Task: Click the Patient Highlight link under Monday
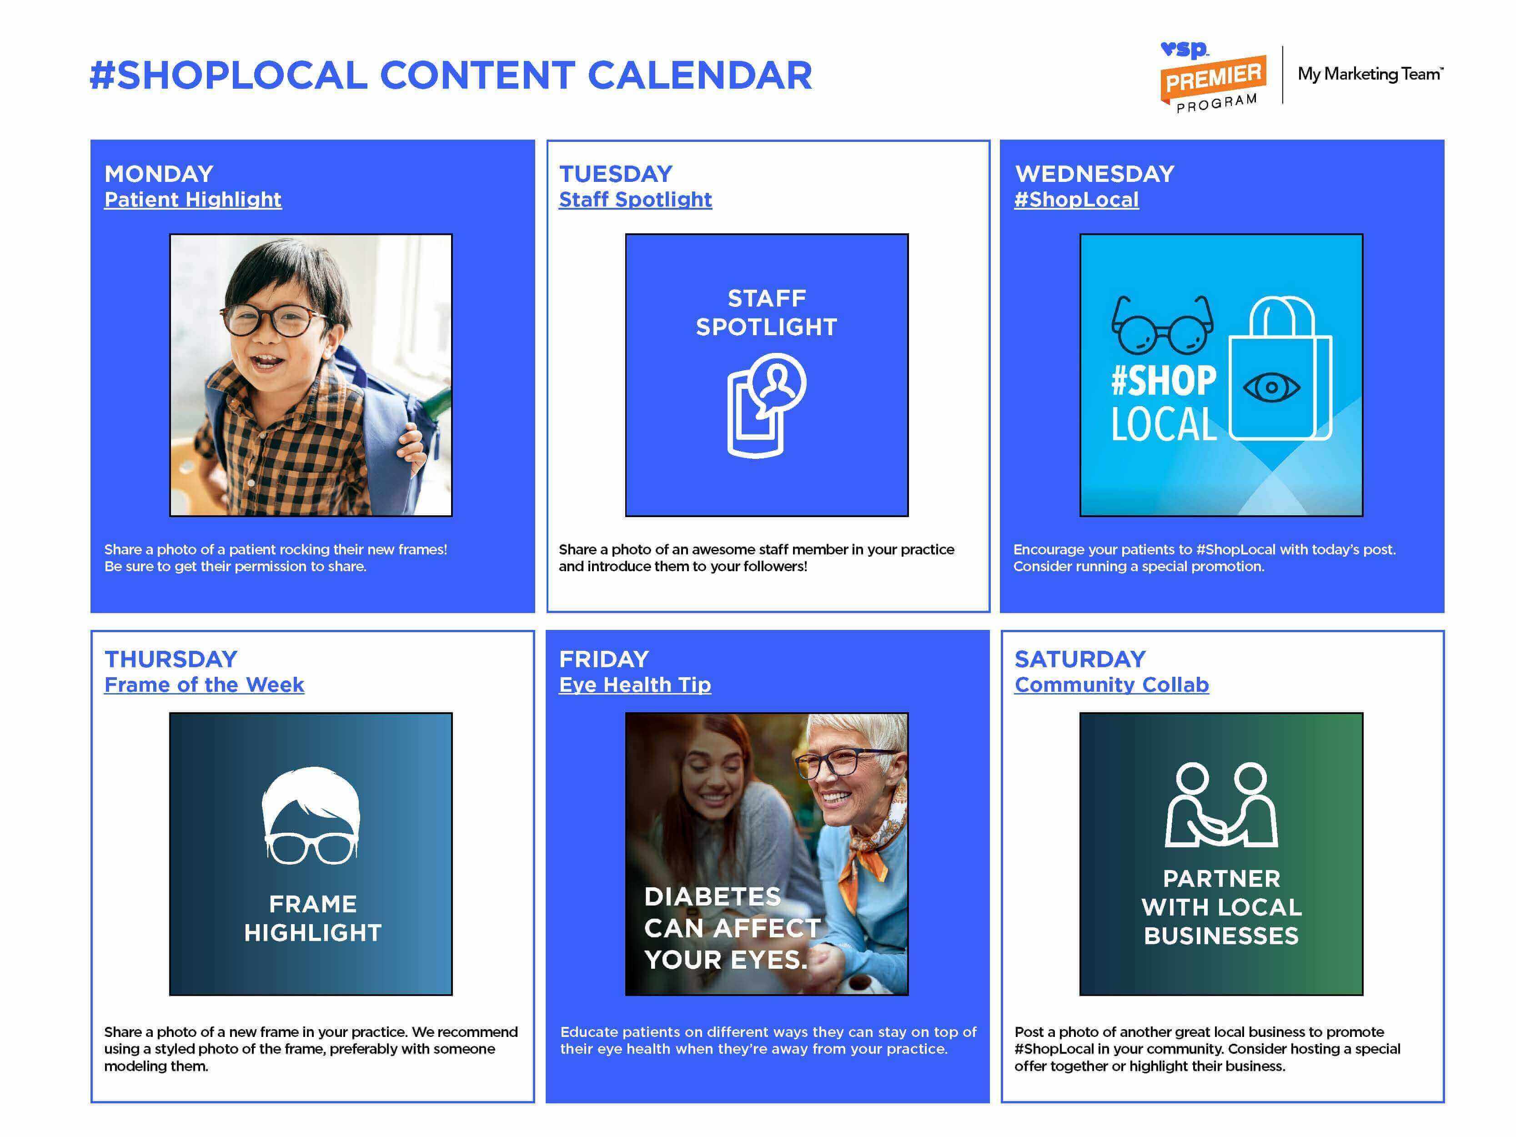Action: click(x=193, y=200)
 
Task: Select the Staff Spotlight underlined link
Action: click(x=635, y=200)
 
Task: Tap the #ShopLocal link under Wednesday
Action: click(x=1076, y=200)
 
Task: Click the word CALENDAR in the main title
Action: click(x=700, y=75)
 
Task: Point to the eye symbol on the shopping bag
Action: click(x=1271, y=387)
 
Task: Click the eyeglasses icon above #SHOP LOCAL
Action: click(x=1162, y=324)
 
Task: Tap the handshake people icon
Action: click(x=1221, y=805)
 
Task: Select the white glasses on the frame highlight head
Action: click(x=311, y=848)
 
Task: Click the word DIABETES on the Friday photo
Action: click(x=712, y=896)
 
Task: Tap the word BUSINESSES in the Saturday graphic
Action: click(x=1221, y=936)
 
